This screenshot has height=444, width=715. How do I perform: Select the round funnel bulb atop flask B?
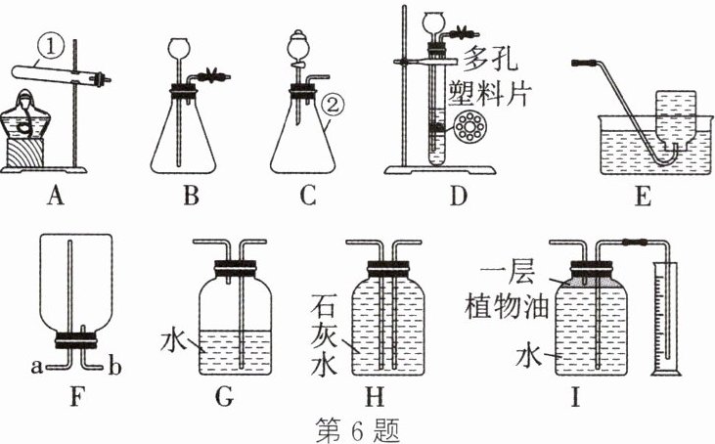[x=180, y=47]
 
